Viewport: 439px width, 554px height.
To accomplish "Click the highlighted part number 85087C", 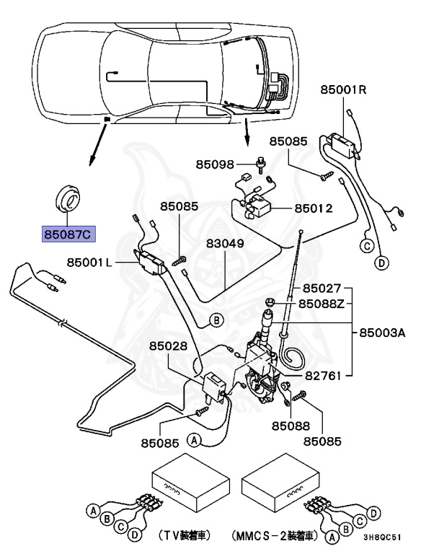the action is (x=68, y=234).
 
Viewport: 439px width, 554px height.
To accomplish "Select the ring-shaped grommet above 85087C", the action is (x=68, y=198).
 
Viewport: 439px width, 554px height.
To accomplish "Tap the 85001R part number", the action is (x=343, y=89).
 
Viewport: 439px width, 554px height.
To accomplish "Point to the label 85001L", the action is (x=89, y=262).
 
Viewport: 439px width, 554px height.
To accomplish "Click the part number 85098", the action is (x=215, y=164).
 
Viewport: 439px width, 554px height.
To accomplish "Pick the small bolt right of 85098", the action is (x=261, y=164).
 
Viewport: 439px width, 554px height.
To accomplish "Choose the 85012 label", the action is (x=314, y=208).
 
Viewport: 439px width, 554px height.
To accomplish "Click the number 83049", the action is (x=225, y=243).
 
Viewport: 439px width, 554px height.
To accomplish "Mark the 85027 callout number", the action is (x=322, y=289).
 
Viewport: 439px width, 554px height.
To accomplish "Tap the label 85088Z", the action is (x=321, y=304).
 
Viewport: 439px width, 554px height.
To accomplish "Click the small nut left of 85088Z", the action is (x=270, y=302).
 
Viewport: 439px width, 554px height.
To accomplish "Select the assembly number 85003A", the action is (x=383, y=333).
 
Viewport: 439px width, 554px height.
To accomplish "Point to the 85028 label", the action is (x=168, y=346).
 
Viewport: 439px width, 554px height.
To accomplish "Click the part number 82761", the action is (x=323, y=376).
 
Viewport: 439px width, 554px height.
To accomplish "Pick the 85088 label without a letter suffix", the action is (x=291, y=426).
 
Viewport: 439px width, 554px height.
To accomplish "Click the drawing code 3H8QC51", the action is (x=383, y=537).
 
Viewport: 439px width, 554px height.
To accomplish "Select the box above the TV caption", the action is (x=191, y=483).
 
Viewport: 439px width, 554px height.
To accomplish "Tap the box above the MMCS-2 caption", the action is (x=280, y=483).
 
